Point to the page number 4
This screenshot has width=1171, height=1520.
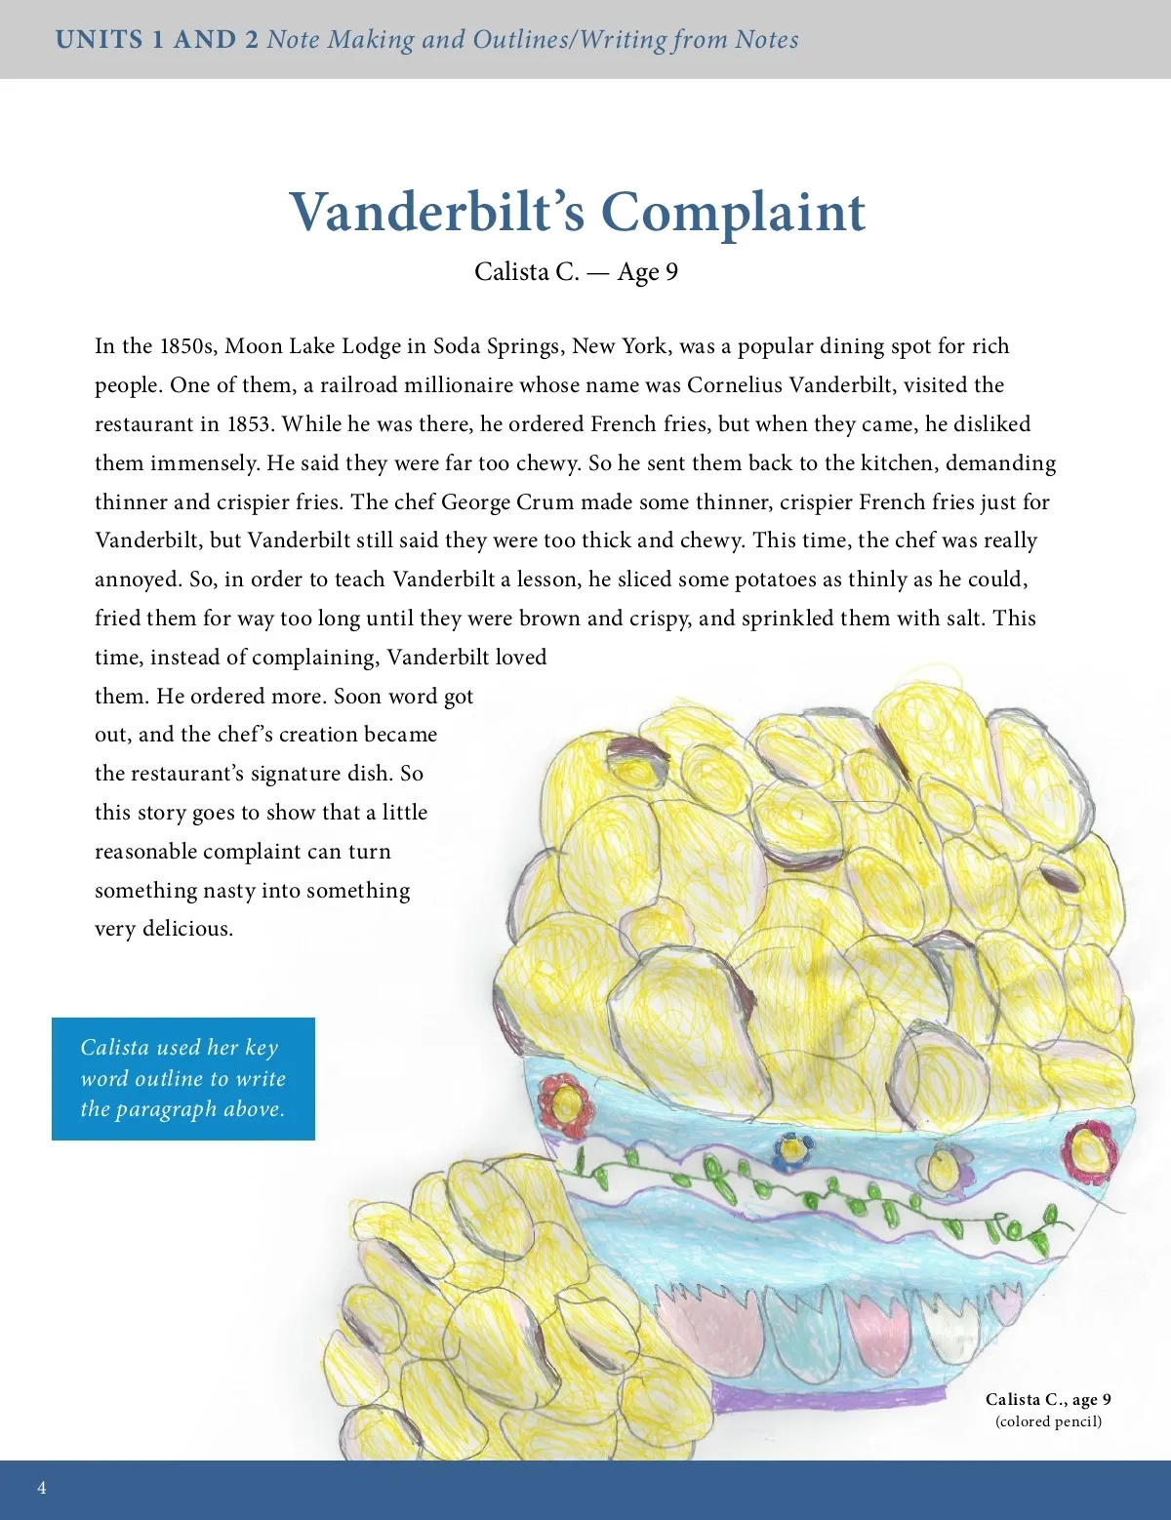[41, 1488]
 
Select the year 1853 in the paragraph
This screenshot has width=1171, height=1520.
[249, 424]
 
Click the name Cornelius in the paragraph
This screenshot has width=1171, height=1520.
[734, 385]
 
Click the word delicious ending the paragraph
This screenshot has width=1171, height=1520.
[187, 929]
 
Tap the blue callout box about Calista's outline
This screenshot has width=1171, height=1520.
[183, 1078]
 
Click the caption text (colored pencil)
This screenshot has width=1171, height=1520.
[1048, 1421]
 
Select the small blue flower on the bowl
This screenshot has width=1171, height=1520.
[790, 1150]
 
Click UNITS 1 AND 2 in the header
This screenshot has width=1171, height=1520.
[157, 40]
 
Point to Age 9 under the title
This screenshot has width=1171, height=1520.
[647, 272]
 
